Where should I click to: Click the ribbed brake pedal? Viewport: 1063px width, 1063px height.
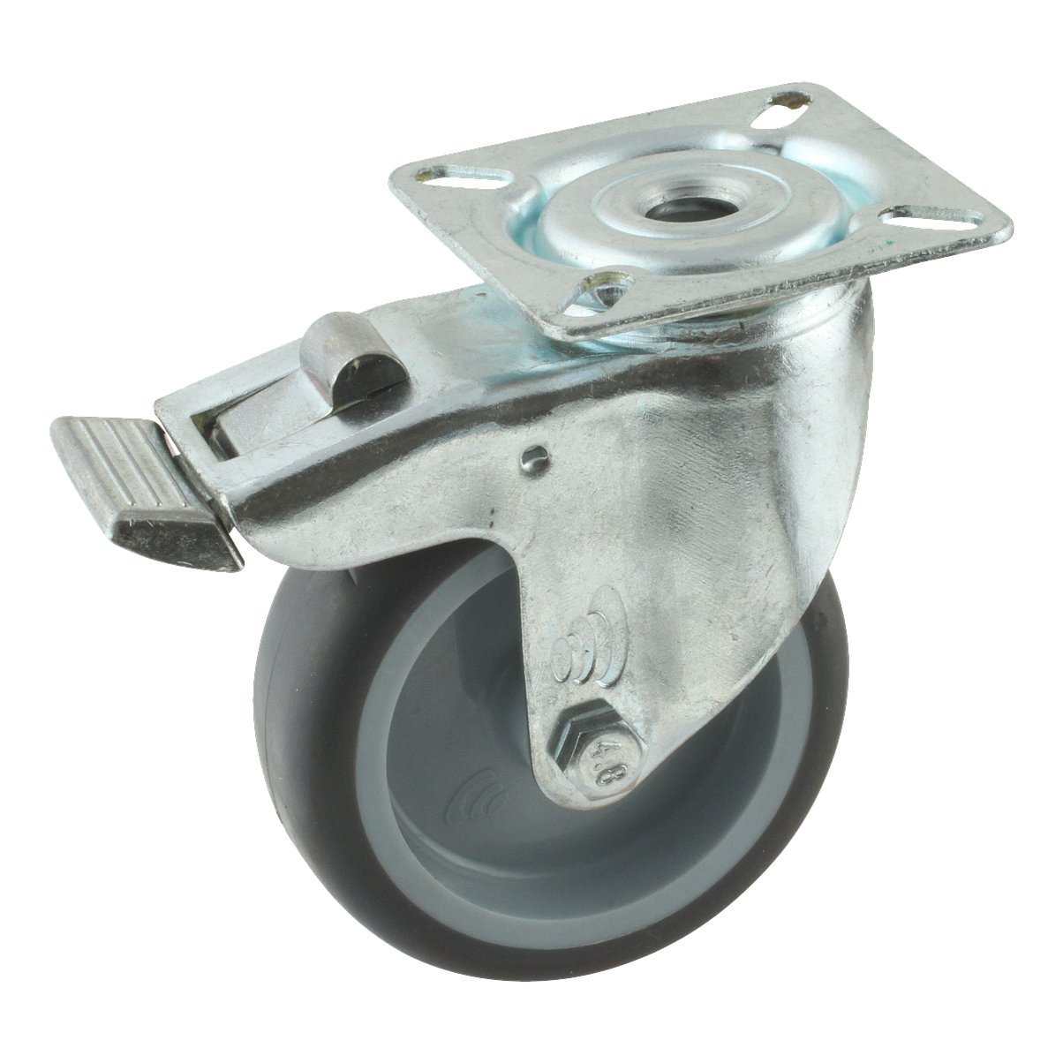click(145, 486)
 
